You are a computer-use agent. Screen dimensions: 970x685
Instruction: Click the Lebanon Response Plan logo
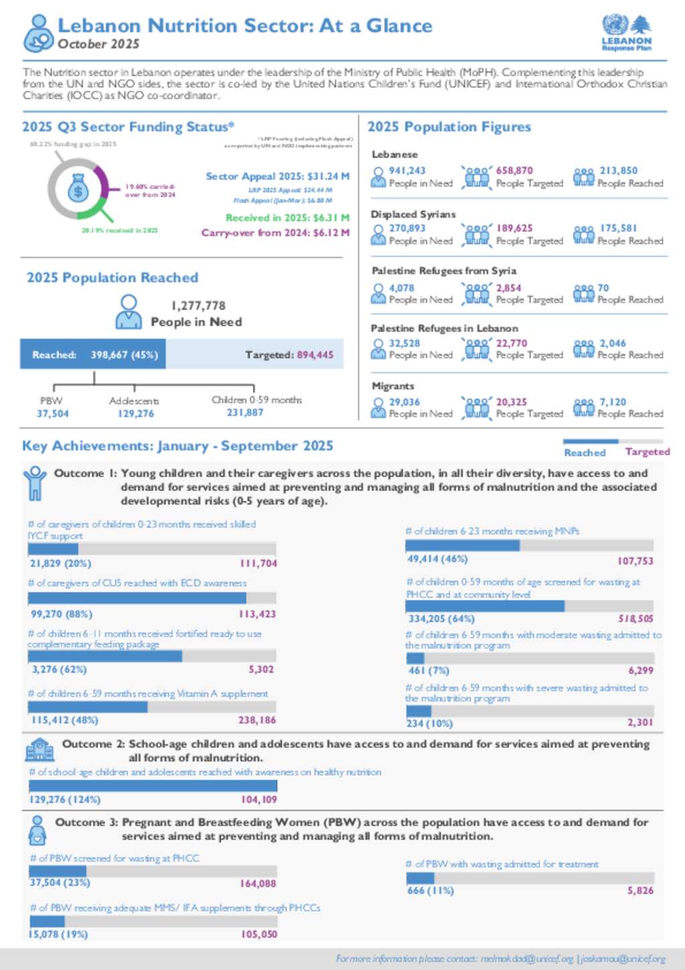(626, 33)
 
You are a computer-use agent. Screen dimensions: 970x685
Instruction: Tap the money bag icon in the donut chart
(78, 190)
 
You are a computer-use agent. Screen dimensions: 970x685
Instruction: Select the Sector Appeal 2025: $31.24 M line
(277, 177)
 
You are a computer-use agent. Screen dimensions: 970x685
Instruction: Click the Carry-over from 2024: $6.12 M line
(275, 233)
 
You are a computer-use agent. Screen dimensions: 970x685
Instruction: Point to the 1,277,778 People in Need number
(198, 306)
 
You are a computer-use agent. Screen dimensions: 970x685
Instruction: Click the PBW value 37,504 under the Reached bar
(52, 414)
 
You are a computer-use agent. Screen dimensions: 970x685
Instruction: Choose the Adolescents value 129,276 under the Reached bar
(136, 414)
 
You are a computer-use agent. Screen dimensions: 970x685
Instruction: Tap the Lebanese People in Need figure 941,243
(407, 171)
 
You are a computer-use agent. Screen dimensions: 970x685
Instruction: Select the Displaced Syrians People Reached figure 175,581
(618, 228)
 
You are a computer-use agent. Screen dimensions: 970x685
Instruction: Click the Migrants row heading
(393, 386)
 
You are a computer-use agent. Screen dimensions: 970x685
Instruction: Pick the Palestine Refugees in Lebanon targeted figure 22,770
(511, 343)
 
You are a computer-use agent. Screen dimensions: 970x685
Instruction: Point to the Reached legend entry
(584, 453)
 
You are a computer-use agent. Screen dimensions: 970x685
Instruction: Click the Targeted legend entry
(647, 452)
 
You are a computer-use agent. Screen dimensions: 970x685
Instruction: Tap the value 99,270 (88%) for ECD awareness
(62, 614)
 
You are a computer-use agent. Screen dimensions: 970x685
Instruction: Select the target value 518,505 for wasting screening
(635, 619)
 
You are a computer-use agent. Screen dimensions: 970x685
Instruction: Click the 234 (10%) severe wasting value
(429, 724)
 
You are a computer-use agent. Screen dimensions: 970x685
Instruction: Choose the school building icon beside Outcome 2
(39, 750)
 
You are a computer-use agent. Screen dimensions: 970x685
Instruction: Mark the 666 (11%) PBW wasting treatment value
(430, 891)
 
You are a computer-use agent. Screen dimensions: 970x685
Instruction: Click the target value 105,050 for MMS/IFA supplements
(259, 934)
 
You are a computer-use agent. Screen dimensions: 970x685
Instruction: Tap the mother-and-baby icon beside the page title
(38, 33)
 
